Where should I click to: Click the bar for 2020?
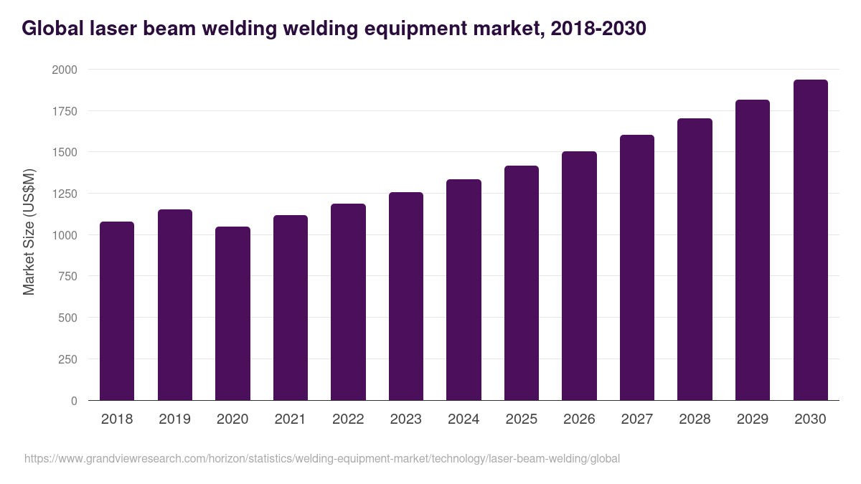click(232, 313)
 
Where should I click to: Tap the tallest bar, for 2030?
click(811, 239)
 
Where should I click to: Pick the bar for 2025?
click(522, 283)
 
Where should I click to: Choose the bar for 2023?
click(406, 296)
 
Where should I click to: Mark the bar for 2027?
click(637, 267)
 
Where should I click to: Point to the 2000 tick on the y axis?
click(64, 70)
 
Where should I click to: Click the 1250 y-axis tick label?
click(64, 194)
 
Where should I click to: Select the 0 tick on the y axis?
click(74, 401)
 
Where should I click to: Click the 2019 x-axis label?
click(174, 419)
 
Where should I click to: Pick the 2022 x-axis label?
click(348, 419)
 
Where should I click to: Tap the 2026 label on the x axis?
click(579, 419)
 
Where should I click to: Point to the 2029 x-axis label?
click(753, 419)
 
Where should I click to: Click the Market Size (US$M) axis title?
click(29, 232)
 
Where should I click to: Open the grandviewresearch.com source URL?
click(322, 458)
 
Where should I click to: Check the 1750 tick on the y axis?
click(64, 111)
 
